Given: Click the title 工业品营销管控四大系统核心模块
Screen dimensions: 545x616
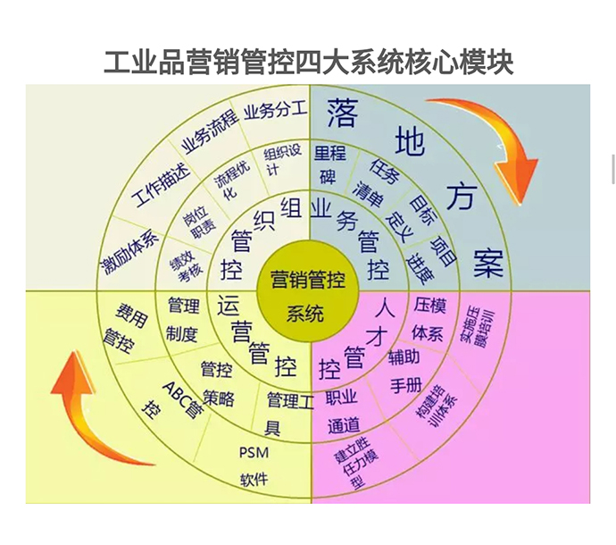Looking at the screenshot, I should tap(308, 62).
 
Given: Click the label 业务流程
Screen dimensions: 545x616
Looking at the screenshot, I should tap(209, 130).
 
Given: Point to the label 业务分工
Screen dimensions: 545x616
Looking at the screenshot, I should tap(274, 109).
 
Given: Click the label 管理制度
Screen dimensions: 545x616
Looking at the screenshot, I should tap(182, 320).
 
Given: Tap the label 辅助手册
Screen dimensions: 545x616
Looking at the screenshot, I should tap(404, 372).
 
